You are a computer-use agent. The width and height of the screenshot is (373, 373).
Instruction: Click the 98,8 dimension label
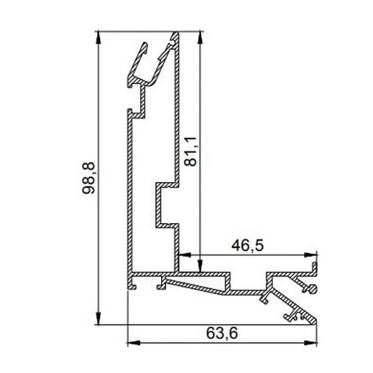(x=88, y=178)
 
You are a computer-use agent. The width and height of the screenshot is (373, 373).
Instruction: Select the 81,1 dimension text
(x=191, y=151)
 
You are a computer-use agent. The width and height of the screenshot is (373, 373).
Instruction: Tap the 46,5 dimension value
(x=247, y=246)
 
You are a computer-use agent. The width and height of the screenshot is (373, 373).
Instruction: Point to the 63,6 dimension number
(x=222, y=333)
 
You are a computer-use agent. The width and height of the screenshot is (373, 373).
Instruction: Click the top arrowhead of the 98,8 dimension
(x=98, y=37)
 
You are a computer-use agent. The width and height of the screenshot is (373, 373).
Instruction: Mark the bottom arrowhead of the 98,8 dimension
(x=98, y=318)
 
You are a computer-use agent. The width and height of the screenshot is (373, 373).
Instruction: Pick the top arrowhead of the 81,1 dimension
(x=200, y=37)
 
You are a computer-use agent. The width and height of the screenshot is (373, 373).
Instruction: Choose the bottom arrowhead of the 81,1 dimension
(x=200, y=266)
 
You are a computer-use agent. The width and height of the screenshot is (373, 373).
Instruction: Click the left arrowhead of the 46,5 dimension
(x=185, y=255)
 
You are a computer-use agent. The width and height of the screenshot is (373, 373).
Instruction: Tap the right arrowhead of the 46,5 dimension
(x=310, y=255)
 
